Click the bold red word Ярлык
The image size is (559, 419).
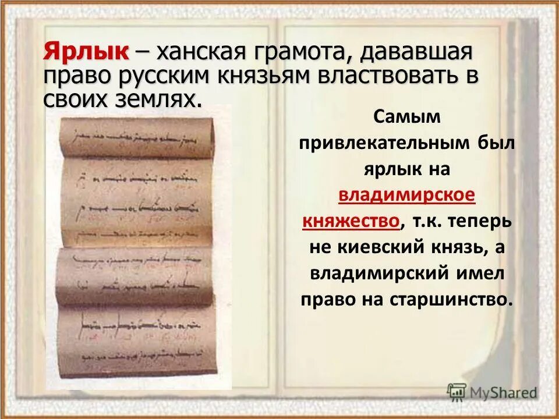coord(85,53)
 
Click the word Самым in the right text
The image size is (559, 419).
coord(408,117)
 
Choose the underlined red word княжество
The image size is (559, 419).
coord(351,221)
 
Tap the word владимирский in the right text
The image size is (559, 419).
coord(379,273)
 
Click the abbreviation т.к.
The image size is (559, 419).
coord(427,221)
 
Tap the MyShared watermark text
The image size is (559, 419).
coord(504,392)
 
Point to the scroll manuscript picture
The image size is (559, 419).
coord(138,244)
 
